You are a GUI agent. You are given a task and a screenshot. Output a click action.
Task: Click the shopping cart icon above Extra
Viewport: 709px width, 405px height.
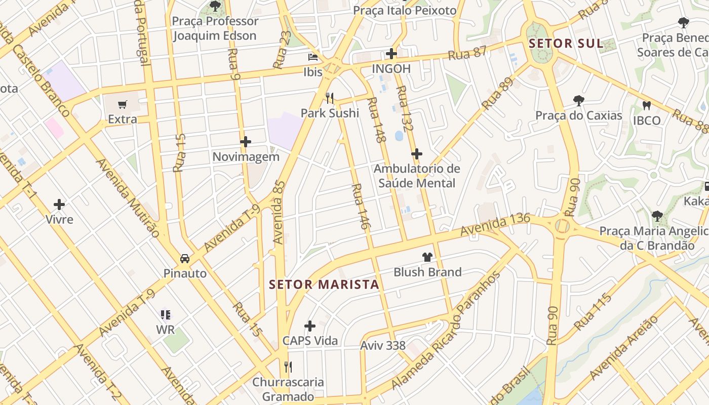[122, 105]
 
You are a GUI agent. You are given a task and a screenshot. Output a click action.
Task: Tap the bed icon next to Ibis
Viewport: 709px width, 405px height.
[313, 57]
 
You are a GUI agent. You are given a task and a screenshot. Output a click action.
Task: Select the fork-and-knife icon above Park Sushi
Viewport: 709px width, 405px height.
[330, 97]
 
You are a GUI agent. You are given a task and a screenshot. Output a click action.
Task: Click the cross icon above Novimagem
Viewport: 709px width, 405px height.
[246, 142]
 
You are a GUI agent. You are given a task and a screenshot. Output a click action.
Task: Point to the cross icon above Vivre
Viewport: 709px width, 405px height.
[59, 205]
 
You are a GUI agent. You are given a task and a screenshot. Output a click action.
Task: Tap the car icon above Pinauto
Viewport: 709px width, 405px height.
[185, 258]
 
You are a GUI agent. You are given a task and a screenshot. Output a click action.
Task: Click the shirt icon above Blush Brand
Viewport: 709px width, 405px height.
[427, 257]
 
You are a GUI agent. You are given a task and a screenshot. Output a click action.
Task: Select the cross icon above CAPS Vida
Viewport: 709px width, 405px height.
[310, 326]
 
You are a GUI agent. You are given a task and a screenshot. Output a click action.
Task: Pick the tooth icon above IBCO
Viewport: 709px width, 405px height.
[646, 105]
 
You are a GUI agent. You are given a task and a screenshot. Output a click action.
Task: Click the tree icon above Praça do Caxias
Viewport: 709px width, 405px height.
[578, 101]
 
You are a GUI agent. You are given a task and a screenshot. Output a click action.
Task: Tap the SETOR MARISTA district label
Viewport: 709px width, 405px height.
[324, 285]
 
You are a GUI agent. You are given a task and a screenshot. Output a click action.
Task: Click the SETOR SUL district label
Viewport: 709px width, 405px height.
[566, 44]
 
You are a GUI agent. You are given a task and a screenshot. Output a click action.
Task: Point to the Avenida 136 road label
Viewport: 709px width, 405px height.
[495, 224]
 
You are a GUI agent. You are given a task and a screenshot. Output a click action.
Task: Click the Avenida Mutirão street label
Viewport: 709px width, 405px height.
[128, 197]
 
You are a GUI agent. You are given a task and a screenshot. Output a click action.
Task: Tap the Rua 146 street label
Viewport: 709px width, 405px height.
[359, 207]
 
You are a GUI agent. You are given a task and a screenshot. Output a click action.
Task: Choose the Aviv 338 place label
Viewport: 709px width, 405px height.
[383, 346]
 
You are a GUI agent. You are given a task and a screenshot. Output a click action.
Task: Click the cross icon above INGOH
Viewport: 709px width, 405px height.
[391, 54]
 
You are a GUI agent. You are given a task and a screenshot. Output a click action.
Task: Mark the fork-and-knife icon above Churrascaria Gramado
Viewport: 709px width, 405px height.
[288, 367]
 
